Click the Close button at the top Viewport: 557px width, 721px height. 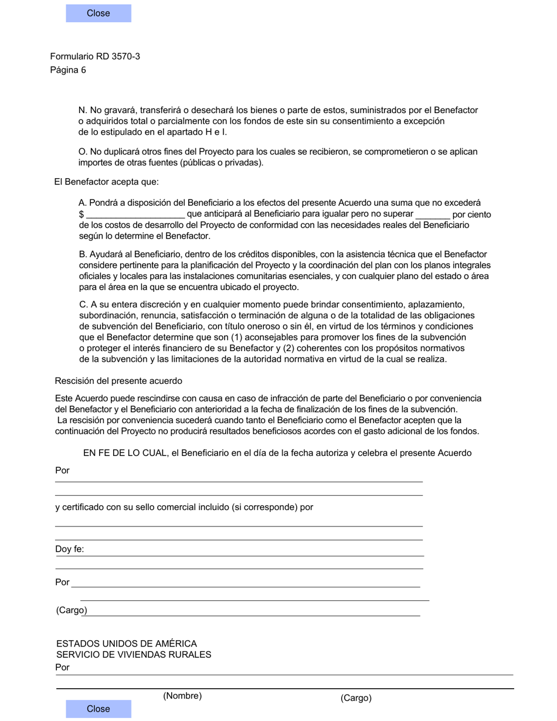(x=99, y=13)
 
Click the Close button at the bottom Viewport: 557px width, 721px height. (x=99, y=709)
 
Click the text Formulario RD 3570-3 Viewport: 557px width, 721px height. (x=95, y=56)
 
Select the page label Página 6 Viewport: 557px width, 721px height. (x=68, y=70)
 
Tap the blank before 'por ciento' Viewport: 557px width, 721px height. (x=432, y=215)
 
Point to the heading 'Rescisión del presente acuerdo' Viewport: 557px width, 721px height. (x=118, y=381)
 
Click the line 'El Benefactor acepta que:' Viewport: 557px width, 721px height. (x=106, y=182)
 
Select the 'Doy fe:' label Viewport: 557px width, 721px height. (x=69, y=549)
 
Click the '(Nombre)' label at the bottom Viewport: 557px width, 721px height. (x=182, y=696)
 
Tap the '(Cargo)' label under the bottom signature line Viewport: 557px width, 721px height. (x=356, y=698)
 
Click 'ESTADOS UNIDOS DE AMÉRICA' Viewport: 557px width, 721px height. (x=127, y=644)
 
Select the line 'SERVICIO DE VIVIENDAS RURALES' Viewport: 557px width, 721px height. (x=134, y=654)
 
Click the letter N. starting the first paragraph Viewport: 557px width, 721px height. (x=83, y=110)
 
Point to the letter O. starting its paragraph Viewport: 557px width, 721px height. (x=83, y=152)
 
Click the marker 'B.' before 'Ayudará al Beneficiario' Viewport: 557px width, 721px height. (x=83, y=254)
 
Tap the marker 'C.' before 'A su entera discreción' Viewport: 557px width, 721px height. (x=83, y=305)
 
